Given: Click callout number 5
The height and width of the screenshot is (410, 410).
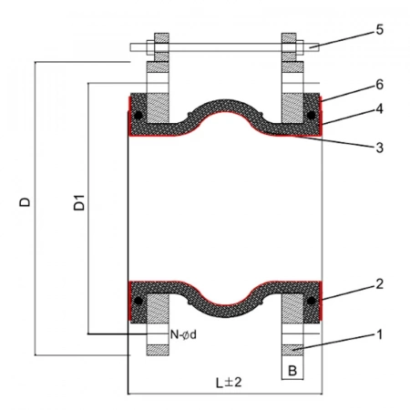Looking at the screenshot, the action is pos(380,30).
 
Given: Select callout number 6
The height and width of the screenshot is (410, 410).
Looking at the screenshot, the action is pos(380,85).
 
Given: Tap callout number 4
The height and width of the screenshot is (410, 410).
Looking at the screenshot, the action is pos(380,108).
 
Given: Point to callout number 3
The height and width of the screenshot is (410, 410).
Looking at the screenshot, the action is pos(380,148).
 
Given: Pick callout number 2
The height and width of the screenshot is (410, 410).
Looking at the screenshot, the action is pos(380,284).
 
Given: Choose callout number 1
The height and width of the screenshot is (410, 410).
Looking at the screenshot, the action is pos(380,334).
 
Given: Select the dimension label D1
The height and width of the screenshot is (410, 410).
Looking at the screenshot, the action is pos(79,202).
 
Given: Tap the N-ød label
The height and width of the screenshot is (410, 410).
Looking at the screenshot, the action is pos(183,334).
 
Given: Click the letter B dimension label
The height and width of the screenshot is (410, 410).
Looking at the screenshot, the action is pos(292,371).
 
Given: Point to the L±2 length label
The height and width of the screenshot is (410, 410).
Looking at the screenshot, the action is pos(229,383).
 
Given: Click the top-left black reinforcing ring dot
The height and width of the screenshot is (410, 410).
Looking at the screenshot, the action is pos(138,116).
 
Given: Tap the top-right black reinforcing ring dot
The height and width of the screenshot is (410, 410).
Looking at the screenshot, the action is pos(311,116).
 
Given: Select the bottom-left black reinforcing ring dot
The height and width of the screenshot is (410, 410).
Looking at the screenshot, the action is pos(138,301).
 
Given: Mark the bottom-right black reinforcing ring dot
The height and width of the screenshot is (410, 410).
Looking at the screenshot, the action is pos(311,301).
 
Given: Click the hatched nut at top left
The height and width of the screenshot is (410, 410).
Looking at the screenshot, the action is pos(161,46).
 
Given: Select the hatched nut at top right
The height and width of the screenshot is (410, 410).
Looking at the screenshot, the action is pos(289,46).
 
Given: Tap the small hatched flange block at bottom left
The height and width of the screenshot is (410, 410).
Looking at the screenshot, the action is pos(158,350).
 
